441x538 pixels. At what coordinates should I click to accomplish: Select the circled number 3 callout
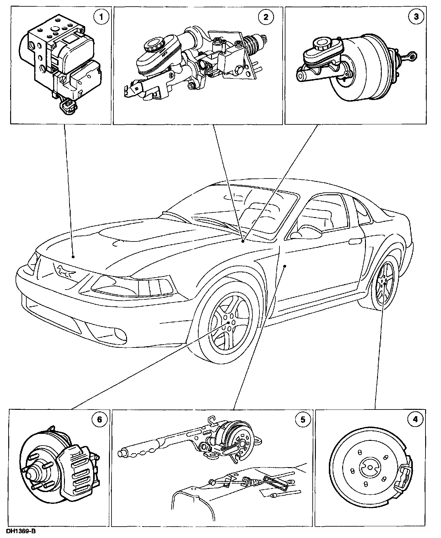point(416,17)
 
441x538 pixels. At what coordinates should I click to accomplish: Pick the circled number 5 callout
point(303,420)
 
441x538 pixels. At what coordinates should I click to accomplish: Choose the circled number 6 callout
point(99,420)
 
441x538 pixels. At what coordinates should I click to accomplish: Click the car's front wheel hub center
point(228,322)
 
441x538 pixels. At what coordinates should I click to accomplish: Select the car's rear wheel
point(384,284)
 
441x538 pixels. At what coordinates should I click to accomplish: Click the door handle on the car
point(355,241)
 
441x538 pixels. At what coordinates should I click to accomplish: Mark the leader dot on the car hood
point(73,257)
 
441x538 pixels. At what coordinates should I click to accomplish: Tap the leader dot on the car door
point(285,266)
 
